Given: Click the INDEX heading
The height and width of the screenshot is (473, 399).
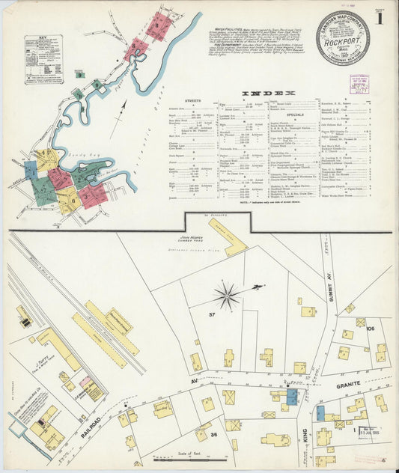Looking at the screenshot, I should click(269, 94).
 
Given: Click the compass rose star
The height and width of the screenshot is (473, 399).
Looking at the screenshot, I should click(227, 296).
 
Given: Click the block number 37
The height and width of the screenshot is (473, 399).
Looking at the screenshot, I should click(212, 314).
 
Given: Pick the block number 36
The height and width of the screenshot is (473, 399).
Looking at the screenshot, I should click(213, 435).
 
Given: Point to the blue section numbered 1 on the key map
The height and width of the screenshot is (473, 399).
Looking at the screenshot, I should click(30, 170).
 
